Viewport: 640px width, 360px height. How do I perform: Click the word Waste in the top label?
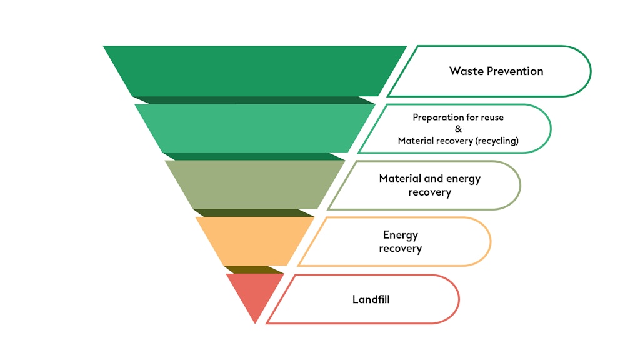(x=466, y=71)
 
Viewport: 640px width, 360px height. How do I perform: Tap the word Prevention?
(x=514, y=71)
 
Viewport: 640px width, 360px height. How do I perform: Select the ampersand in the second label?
(x=458, y=129)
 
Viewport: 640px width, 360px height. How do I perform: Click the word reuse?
(x=491, y=117)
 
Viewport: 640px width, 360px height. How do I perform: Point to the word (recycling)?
(x=497, y=141)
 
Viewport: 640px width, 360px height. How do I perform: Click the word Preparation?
(x=435, y=117)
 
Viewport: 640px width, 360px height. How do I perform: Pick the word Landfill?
(x=371, y=299)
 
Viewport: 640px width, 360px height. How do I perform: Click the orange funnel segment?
(x=255, y=241)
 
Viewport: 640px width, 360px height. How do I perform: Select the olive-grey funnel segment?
(x=255, y=184)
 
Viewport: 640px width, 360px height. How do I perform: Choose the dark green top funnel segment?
(x=255, y=70)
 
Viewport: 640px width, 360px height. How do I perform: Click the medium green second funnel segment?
(x=255, y=127)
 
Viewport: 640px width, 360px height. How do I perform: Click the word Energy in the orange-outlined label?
(x=401, y=235)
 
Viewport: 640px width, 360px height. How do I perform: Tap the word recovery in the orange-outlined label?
(x=401, y=249)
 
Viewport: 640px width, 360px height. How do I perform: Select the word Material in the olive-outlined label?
(x=400, y=179)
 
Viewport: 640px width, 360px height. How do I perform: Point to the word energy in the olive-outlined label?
(x=463, y=179)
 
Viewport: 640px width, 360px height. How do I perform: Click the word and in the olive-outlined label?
(x=434, y=179)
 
